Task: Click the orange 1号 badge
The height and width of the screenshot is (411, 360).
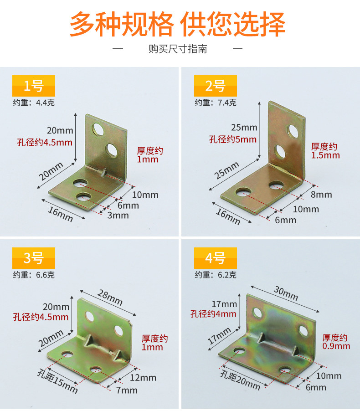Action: click(x=34, y=86)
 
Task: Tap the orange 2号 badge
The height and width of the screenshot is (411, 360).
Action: click(x=216, y=86)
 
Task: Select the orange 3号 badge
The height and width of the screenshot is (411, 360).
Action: click(x=34, y=258)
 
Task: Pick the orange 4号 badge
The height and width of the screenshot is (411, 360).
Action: click(x=216, y=258)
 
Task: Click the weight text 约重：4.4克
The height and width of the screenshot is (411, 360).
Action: click(x=34, y=103)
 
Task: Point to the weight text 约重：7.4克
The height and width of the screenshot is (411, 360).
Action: click(x=216, y=103)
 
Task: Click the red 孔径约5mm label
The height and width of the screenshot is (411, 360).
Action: click(x=232, y=139)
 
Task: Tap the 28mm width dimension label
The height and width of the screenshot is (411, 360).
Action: click(x=110, y=298)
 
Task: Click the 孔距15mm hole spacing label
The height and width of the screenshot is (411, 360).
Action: click(x=58, y=381)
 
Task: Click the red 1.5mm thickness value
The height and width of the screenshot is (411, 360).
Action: click(x=325, y=155)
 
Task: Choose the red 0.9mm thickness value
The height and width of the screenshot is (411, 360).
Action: click(x=336, y=346)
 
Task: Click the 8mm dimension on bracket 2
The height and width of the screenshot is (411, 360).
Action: click(x=322, y=195)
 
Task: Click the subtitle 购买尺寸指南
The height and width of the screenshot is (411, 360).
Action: click(x=178, y=49)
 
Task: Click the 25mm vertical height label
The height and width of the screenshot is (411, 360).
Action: click(x=244, y=128)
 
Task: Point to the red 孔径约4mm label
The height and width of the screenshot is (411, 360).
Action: click(x=213, y=314)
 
